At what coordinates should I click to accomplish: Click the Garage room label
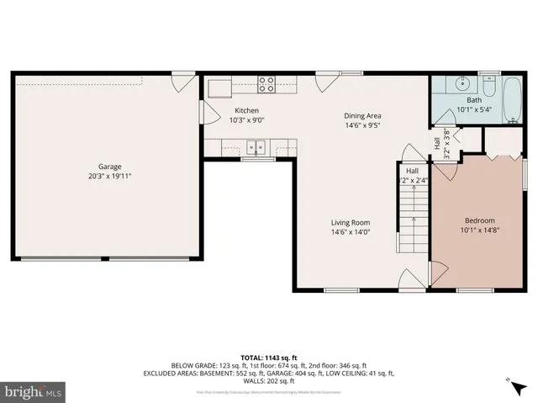pyautogui.click(x=109, y=167)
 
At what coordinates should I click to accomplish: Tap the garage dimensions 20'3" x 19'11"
pyautogui.click(x=109, y=177)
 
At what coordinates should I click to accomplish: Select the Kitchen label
pyautogui.click(x=246, y=110)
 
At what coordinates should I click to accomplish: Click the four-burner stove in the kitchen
pyautogui.click(x=266, y=83)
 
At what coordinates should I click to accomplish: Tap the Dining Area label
pyautogui.click(x=362, y=115)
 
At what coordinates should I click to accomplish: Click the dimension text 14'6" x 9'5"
pyautogui.click(x=362, y=125)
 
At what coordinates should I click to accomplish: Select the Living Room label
pyautogui.click(x=351, y=222)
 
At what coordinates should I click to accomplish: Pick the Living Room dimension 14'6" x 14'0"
pyautogui.click(x=351, y=232)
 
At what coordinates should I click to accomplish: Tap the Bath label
pyautogui.click(x=475, y=101)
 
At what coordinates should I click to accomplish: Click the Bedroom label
pyautogui.click(x=480, y=220)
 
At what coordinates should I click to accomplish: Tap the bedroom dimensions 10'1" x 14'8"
pyautogui.click(x=480, y=230)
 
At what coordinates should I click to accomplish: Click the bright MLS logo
pyautogui.click(x=34, y=391)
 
